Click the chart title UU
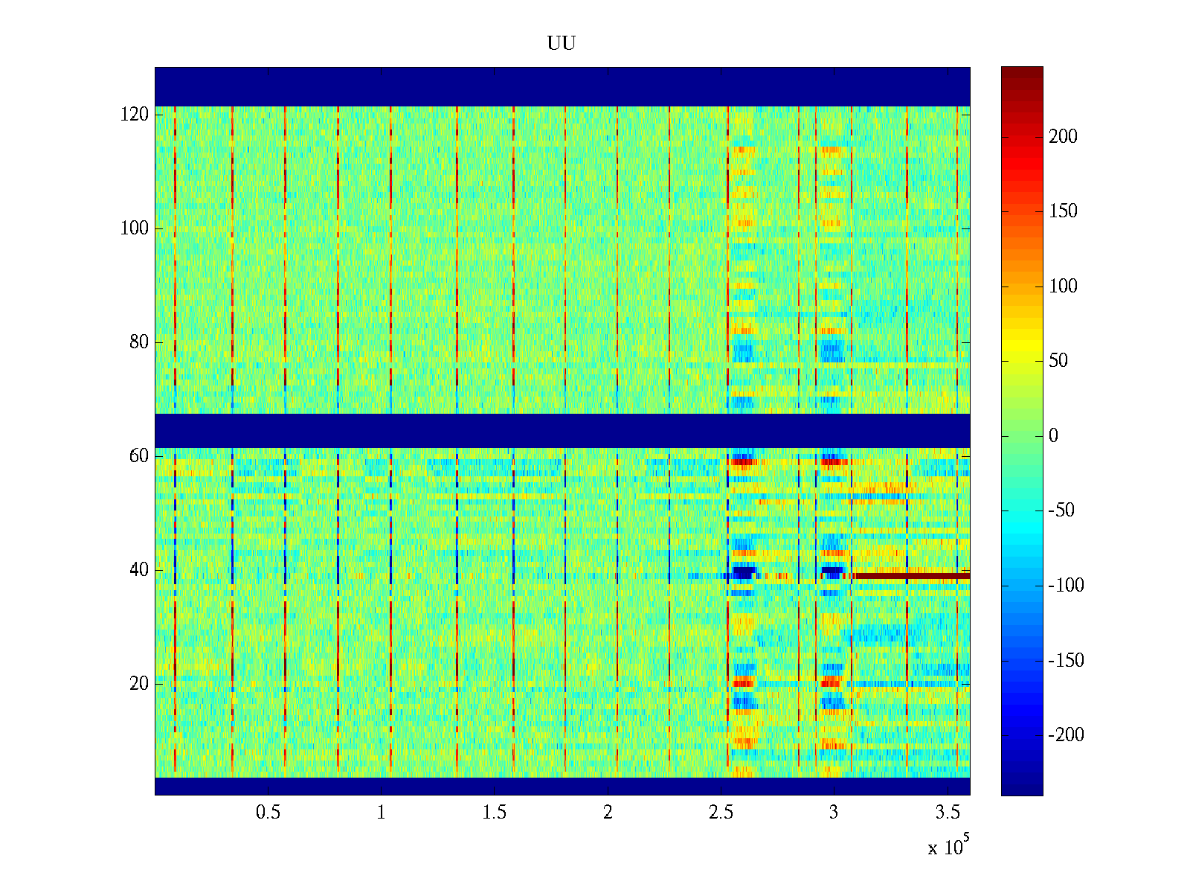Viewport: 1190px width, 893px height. (x=561, y=44)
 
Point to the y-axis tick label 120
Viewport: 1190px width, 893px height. (x=135, y=115)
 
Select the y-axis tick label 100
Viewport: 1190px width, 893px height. (x=135, y=228)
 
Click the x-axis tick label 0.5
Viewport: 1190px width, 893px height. (x=268, y=813)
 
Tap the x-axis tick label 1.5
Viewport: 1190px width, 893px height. (x=495, y=813)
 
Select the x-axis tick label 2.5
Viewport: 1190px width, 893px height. (x=721, y=813)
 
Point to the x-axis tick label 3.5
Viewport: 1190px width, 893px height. (x=948, y=813)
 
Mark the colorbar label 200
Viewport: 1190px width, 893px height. (x=1063, y=137)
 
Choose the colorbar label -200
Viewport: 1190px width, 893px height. (x=1066, y=735)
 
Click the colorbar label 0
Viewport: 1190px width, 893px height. (x=1053, y=436)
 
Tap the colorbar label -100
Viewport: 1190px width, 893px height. (x=1066, y=586)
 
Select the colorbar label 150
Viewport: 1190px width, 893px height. (x=1063, y=211)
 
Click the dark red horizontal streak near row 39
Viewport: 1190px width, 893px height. (x=911, y=575)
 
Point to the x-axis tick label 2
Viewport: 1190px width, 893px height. (x=608, y=813)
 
